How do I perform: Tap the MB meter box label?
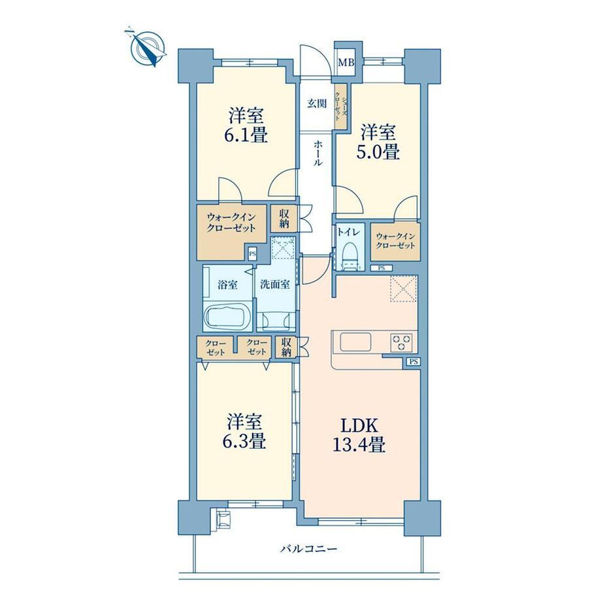coord(346,63)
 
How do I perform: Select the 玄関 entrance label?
coord(317,103)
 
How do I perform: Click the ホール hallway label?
coord(318,153)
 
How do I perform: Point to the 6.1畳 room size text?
coord(246,135)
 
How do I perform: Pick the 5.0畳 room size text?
coord(378,152)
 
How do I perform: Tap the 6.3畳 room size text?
coord(244,442)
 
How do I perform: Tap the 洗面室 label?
coord(275,284)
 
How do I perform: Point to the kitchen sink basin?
coord(355,342)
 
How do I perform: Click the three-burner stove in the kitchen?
coord(401,342)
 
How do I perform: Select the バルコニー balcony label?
coord(308,549)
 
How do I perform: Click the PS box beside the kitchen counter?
coord(413,361)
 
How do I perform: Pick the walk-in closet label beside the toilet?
coord(395,241)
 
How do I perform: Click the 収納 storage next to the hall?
coord(284,219)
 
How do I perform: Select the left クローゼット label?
coord(216,348)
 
